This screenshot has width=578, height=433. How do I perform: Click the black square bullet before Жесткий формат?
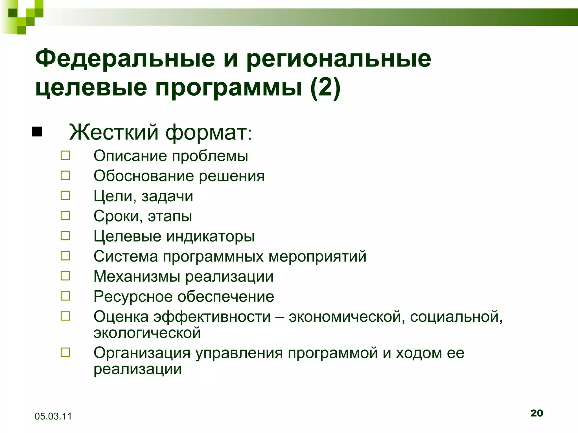(37, 132)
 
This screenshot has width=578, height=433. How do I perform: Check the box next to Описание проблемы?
(65, 156)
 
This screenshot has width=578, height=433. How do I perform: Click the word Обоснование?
(144, 176)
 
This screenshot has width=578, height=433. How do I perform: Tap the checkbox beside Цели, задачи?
(65, 196)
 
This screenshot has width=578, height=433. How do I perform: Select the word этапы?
(170, 216)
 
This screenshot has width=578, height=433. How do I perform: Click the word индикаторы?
(210, 236)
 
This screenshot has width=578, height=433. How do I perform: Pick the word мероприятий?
(317, 257)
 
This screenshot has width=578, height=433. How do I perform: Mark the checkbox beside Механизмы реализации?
(65, 276)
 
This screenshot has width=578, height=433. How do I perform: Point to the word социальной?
(456, 317)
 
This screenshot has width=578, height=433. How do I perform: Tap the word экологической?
(147, 333)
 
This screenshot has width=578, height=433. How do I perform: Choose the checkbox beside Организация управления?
(65, 352)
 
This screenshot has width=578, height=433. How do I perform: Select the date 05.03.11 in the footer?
(53, 416)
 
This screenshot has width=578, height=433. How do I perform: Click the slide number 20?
(537, 413)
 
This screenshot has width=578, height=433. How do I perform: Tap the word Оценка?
(121, 317)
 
